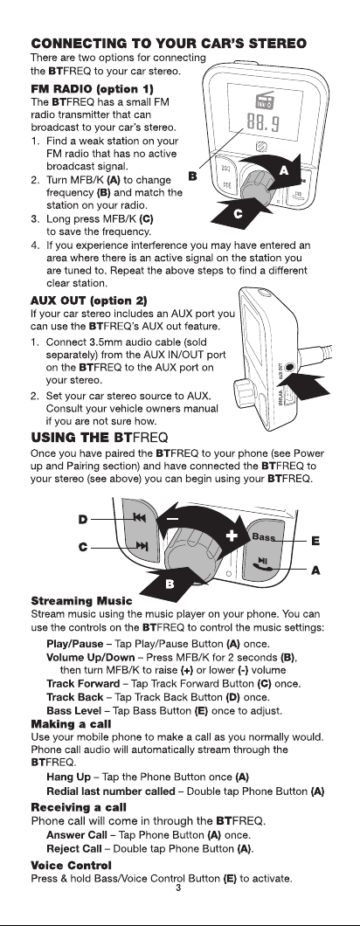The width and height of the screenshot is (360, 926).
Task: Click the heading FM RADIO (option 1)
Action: tap(93, 89)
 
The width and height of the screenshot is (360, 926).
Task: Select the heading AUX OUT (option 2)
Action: tap(88, 301)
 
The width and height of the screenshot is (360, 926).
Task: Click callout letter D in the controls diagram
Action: tap(84, 519)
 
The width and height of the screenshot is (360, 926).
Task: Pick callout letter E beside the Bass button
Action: tap(315, 541)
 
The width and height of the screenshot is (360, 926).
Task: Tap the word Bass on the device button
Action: tap(264, 537)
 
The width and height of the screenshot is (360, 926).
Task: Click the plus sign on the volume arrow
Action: tap(232, 536)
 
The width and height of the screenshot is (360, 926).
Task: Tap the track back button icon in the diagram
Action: tap(140, 518)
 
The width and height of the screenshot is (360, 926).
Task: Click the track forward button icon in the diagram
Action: tap(142, 546)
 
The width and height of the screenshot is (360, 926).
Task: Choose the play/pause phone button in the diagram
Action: tap(261, 564)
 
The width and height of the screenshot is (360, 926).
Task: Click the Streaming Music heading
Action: tap(81, 601)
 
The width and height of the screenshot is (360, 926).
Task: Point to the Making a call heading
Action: tap(71, 724)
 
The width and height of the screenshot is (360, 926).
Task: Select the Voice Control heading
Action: tap(71, 866)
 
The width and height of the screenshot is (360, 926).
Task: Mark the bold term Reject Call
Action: tap(74, 849)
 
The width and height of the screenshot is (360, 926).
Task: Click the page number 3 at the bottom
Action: tap(178, 888)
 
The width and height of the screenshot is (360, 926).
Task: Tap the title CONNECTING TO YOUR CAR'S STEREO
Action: tap(169, 44)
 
